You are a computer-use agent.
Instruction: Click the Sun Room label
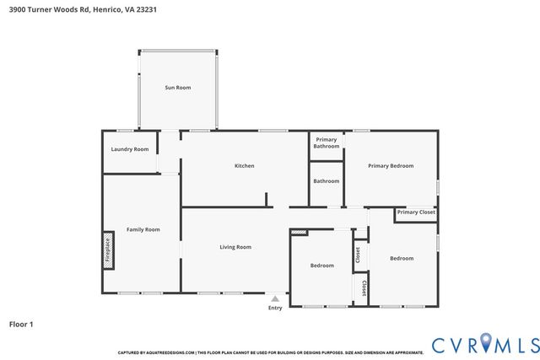tap(177, 88)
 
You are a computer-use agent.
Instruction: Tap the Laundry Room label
tap(130, 149)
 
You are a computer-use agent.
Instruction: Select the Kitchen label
tap(244, 165)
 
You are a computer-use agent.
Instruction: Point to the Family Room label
tap(143, 229)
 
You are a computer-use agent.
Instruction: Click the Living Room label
tap(235, 247)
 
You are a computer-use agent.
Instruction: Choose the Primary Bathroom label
tap(326, 142)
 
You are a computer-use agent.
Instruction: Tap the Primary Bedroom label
tap(391, 165)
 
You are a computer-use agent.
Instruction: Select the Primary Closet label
tap(416, 212)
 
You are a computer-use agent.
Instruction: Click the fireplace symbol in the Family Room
tap(108, 250)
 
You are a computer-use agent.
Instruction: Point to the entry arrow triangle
tap(275, 298)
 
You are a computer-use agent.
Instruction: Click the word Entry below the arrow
tap(275, 308)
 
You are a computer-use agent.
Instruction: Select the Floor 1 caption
tap(21, 323)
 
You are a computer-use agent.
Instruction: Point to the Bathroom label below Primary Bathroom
tap(326, 180)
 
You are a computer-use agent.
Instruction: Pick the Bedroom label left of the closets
tap(321, 266)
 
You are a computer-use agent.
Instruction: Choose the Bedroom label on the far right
tap(401, 258)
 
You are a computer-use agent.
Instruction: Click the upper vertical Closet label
tap(358, 252)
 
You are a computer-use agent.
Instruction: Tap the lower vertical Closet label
tap(364, 288)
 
